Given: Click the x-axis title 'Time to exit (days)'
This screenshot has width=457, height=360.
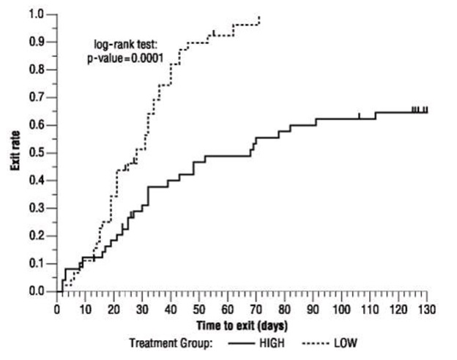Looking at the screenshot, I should click(241, 323).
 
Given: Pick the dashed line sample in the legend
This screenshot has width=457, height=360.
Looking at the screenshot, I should click(311, 342).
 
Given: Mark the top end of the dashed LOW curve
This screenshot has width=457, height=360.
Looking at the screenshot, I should click(259, 18).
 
